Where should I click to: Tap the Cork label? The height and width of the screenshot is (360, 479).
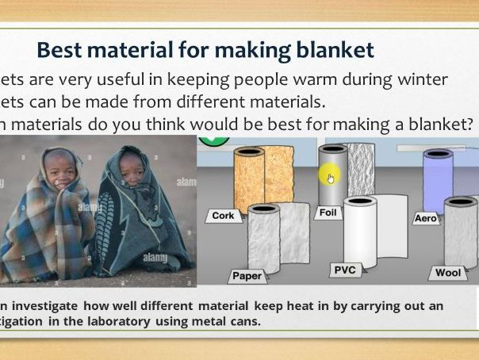click(223, 215)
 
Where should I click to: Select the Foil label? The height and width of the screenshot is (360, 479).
click(327, 213)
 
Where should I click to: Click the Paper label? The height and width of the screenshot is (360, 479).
click(247, 276)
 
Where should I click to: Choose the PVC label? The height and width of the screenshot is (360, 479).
click(345, 270)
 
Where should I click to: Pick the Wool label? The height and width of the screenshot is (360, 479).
click(448, 273)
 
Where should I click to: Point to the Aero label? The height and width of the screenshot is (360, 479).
click(426, 217)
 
